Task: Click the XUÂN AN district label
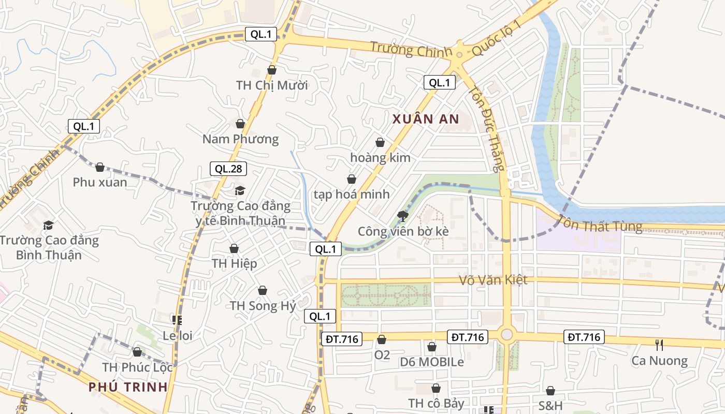pos(426,119)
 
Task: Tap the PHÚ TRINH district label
pos(128,387)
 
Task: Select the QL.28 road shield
pos(228,169)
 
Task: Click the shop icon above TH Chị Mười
pos(272,70)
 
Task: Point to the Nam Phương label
pos(240,139)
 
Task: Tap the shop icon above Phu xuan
pos(100,167)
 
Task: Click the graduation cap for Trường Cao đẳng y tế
pos(240,190)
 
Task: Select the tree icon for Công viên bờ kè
pos(402,216)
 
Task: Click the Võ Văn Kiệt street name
pos(493,280)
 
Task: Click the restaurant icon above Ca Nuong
pos(659,345)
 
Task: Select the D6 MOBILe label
pos(432,362)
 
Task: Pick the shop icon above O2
pos(382,339)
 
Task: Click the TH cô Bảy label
pos(436,403)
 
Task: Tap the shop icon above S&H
pos(550,391)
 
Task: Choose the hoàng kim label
pos(380,157)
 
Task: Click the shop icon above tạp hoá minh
pos(352,179)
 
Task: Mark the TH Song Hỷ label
pos(263,305)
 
